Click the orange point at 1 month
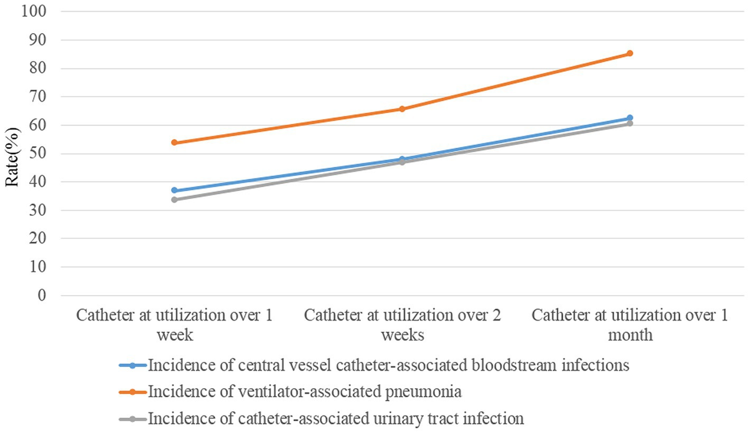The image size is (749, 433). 630,54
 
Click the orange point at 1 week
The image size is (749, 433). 175,143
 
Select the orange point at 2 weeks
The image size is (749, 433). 402,109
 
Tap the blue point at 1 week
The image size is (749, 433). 175,190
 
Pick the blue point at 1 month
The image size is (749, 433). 630,118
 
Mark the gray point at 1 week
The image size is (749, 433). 175,200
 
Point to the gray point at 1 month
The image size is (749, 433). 630,124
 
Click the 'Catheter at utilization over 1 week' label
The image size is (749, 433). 175,324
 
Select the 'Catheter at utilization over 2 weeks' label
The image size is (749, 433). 402,324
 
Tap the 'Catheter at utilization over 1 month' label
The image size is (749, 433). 630,324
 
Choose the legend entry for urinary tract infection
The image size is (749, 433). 335,417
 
